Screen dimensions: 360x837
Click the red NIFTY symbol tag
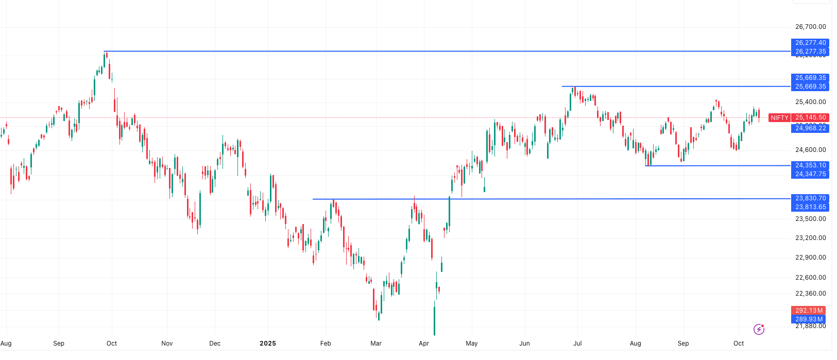[x=779, y=118]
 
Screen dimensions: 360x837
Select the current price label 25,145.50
[x=810, y=117]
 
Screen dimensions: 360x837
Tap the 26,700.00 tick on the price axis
[x=810, y=27]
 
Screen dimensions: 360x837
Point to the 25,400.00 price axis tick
[x=810, y=102]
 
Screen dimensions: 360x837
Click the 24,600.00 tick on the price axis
[x=810, y=150]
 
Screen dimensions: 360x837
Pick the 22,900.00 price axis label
[x=810, y=258]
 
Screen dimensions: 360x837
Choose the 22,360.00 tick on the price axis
[x=810, y=294]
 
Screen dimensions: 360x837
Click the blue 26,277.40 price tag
[x=810, y=43]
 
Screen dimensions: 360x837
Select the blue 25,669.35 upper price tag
[x=810, y=78]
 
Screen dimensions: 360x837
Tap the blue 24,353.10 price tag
[x=810, y=165]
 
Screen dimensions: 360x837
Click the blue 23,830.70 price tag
[x=810, y=198]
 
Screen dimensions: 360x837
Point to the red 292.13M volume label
[x=809, y=311]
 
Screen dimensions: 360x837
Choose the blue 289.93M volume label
[x=809, y=319]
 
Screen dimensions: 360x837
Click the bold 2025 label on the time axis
[x=268, y=344]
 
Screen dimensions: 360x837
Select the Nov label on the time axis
[x=167, y=344]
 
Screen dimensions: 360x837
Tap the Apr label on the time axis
[x=424, y=344]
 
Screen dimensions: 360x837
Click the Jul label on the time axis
[x=577, y=344]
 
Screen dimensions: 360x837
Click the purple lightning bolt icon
[x=759, y=329]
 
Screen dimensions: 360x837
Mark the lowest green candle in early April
[x=434, y=320]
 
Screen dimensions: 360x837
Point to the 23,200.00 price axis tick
[x=810, y=238]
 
